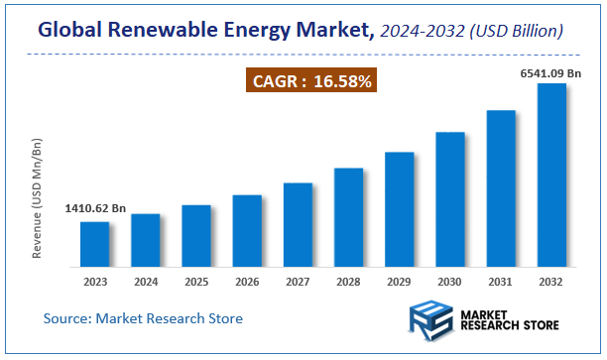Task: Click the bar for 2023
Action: coord(95,244)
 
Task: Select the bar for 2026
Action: coord(247,230)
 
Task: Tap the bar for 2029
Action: coord(399,209)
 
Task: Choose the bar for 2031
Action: coord(501,188)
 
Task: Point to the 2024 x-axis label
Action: coord(146,282)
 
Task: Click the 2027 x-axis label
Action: coord(298,282)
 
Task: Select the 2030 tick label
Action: coord(450,282)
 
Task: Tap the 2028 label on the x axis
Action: coord(348,282)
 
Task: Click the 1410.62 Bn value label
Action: coord(95,209)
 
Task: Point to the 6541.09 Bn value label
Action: coord(550,71)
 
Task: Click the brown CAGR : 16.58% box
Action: coord(309,81)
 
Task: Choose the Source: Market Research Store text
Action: coord(143,318)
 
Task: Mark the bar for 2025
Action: coord(196,236)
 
